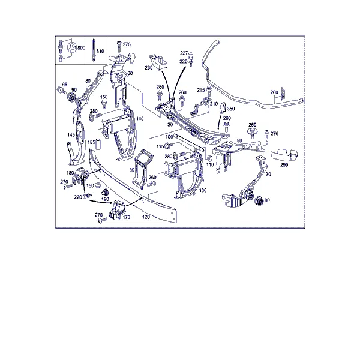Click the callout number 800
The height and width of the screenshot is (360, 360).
point(81,48)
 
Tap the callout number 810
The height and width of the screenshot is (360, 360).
point(100,51)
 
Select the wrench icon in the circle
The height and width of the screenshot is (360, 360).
point(71,47)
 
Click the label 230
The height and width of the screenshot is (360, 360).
point(149,68)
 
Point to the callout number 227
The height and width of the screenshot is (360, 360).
point(184,53)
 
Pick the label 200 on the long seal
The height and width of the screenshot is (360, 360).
point(274,92)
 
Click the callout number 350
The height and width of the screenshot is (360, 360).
point(231,109)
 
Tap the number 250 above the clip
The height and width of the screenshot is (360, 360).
point(253,125)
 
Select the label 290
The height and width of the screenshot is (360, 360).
point(284,165)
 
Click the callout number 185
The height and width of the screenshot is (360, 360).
point(91,142)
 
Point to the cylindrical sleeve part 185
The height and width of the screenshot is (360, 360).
point(99,144)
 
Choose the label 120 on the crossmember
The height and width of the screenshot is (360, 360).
point(146,217)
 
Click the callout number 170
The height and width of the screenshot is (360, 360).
point(126,217)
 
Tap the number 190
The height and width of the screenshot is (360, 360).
point(105,199)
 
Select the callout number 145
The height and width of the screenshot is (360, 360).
point(71,135)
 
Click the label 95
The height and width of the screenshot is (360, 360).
point(65,85)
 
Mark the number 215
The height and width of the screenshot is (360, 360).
point(201,90)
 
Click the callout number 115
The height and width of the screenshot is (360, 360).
point(160,146)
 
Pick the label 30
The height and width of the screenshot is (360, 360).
point(132,170)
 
